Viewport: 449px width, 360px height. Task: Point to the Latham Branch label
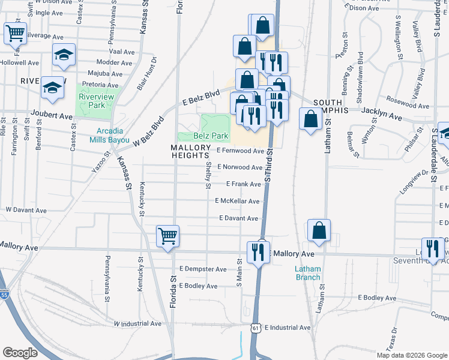tap(308, 273)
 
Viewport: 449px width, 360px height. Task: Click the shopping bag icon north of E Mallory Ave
tap(319, 230)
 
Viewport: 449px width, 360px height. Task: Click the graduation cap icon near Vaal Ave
tap(64, 55)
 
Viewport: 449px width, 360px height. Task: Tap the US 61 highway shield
tap(256, 328)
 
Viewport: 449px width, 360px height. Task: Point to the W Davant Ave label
tap(26, 211)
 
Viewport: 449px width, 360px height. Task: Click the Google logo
tap(20, 353)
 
